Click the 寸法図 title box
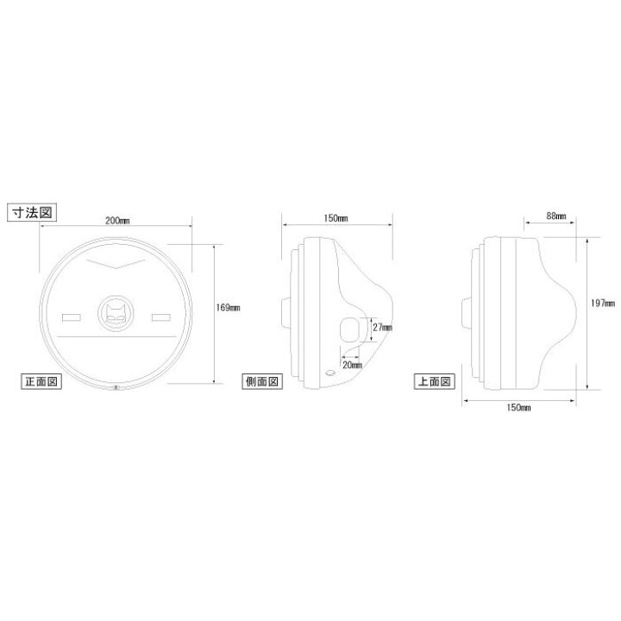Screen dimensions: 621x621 pyautogui.click(x=32, y=213)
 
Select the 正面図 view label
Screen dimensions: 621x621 pyautogui.click(x=41, y=382)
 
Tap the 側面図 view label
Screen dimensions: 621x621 pyautogui.click(x=262, y=382)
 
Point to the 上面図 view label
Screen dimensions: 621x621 pyautogui.click(x=435, y=382)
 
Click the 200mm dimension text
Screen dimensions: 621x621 pyautogui.click(x=117, y=221)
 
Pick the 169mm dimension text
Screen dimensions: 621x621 pyautogui.click(x=228, y=308)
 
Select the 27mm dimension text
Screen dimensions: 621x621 pyautogui.click(x=382, y=328)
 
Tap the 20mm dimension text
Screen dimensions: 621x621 pyautogui.click(x=352, y=365)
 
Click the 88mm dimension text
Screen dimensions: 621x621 pyautogui.click(x=556, y=216)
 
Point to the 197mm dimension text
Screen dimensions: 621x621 pyautogui.click(x=603, y=304)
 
